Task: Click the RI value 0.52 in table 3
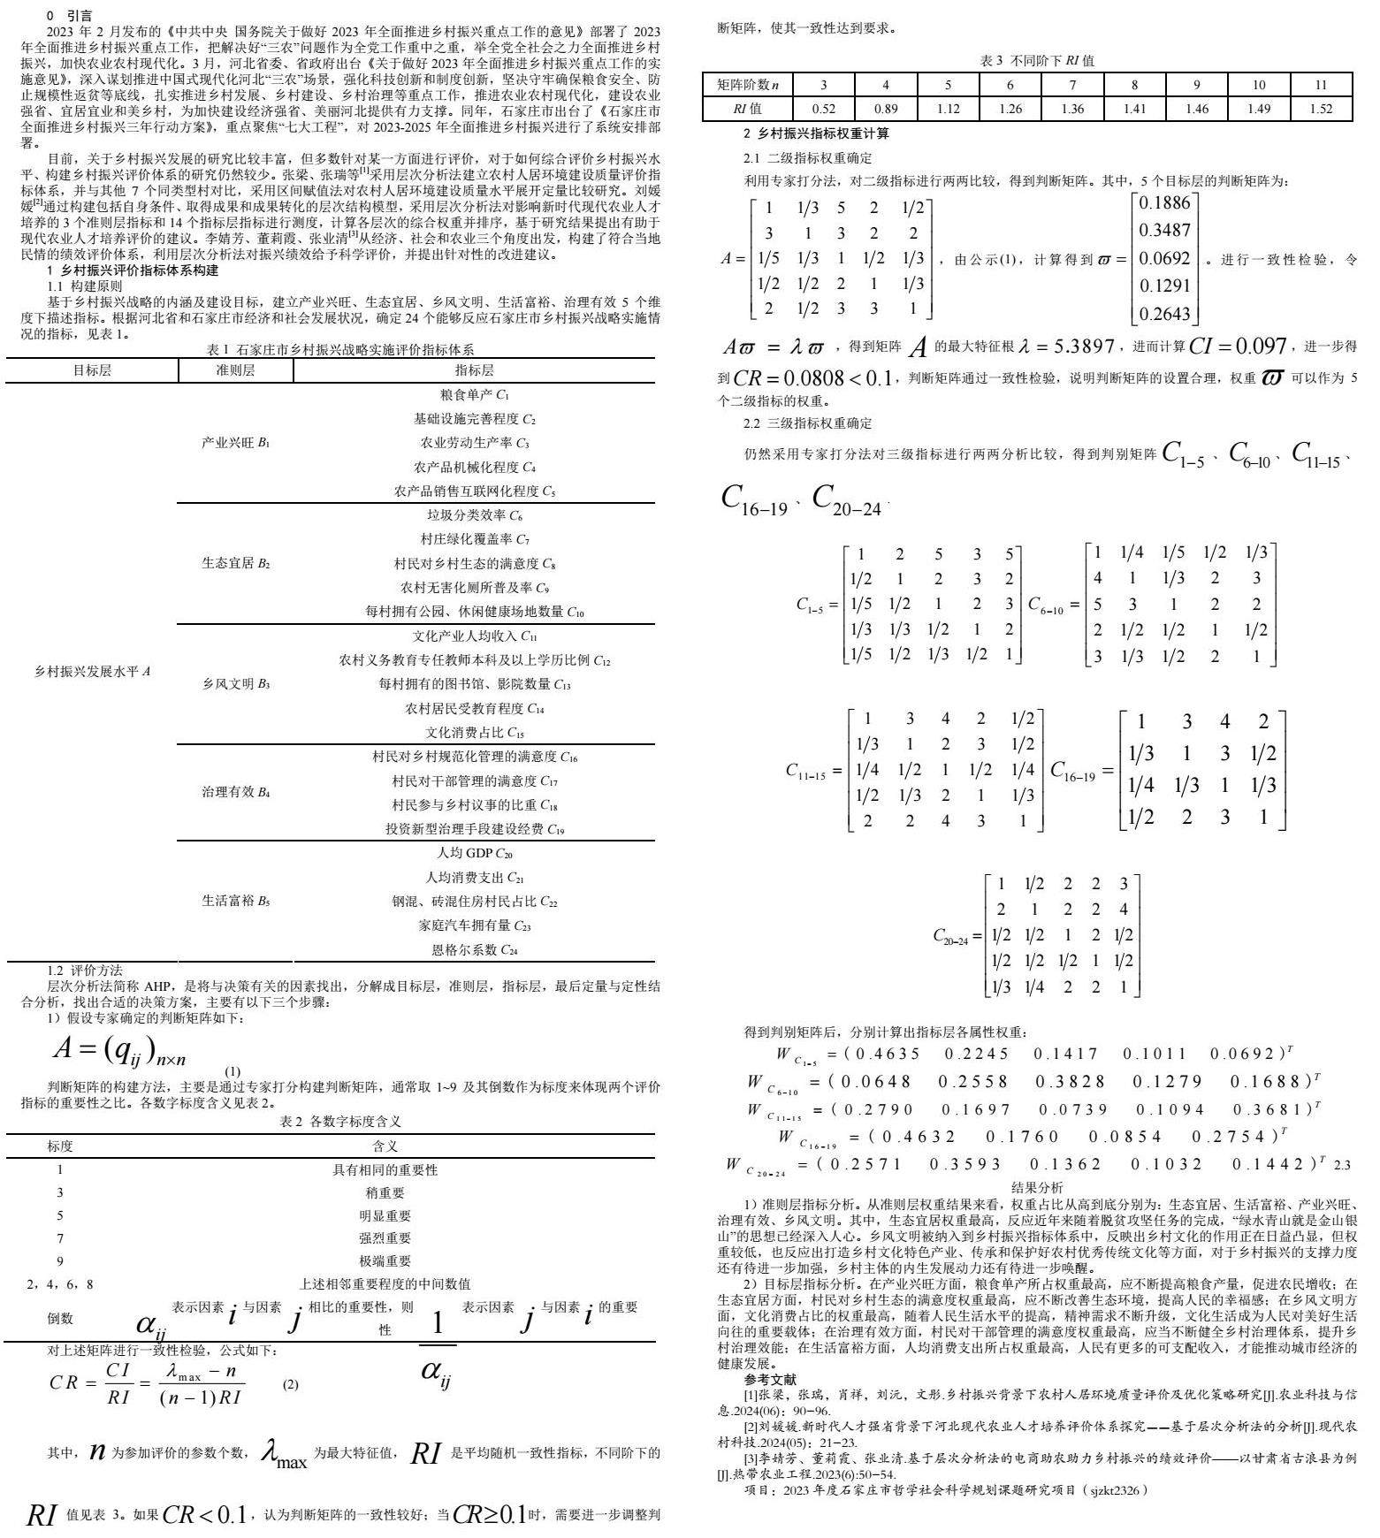pos(823,109)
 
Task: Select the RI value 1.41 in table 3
pos(1134,109)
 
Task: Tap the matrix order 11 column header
pos(1321,85)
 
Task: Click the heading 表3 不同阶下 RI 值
pos(1037,61)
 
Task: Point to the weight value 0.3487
pos(1165,231)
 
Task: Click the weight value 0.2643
pos(1165,314)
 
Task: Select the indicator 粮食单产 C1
pos(474,394)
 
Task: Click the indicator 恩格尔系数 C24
pos(474,950)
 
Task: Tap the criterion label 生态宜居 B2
pos(236,563)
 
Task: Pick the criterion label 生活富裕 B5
pos(236,901)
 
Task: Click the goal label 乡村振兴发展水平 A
pos(92,671)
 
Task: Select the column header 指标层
pos(474,370)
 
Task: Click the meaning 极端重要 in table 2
pos(385,1260)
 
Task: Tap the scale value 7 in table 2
pos(60,1237)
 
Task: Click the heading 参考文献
pos(769,1379)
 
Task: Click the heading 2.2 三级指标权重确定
pos(808,423)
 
